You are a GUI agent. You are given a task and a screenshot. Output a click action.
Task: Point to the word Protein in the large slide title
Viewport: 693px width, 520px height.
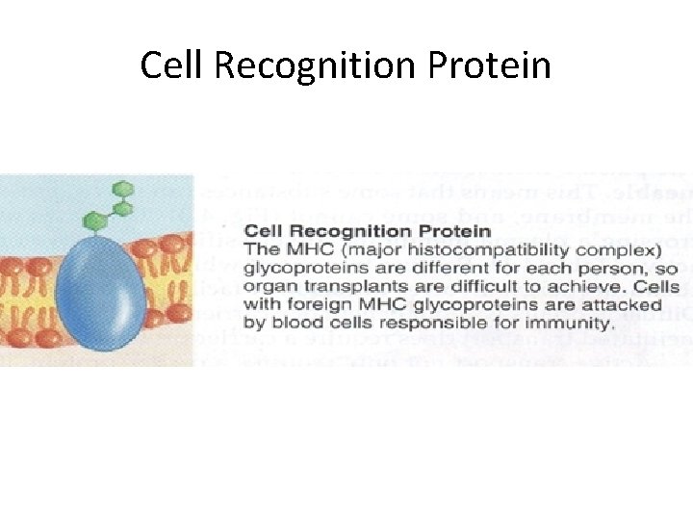pos(489,65)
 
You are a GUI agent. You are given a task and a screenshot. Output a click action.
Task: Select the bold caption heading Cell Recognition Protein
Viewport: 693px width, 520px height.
pos(368,231)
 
